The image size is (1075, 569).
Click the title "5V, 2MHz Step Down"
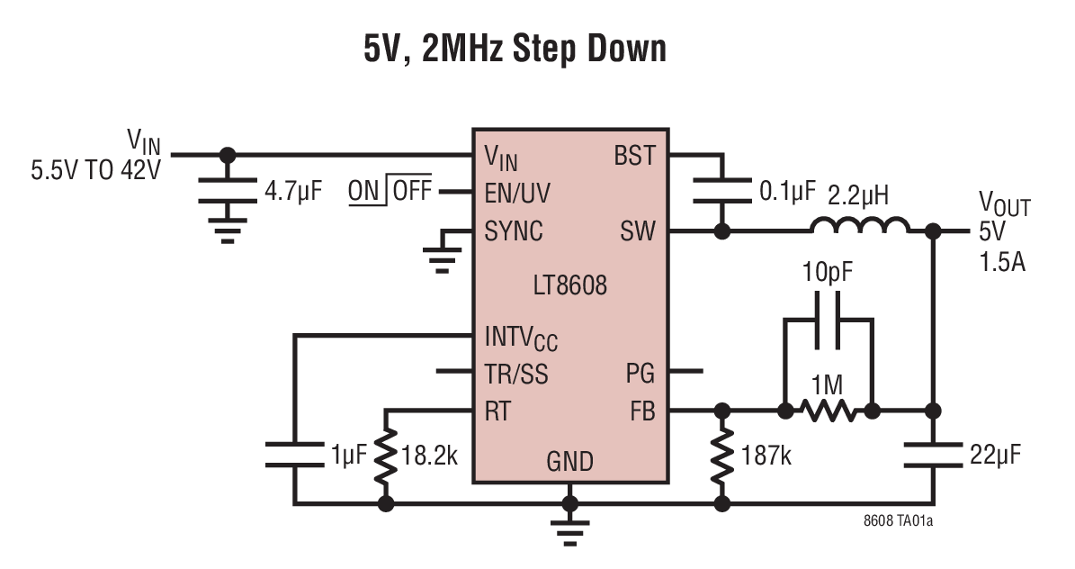pos(515,48)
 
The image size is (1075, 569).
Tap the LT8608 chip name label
pos(569,287)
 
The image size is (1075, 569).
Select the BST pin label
pos(634,155)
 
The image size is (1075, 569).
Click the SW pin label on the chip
pos(639,231)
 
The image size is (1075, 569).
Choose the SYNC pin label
pos(514,231)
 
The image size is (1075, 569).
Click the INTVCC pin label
pos(521,339)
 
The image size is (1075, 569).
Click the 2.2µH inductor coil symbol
pos(859,227)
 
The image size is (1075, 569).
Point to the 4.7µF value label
pos(292,192)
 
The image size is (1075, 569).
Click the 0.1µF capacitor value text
pos(787,191)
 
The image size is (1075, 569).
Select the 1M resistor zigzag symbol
pos(828,411)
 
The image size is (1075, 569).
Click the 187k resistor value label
pos(763,456)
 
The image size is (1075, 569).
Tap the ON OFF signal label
pos(390,191)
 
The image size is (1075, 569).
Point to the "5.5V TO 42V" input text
pos(95,170)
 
